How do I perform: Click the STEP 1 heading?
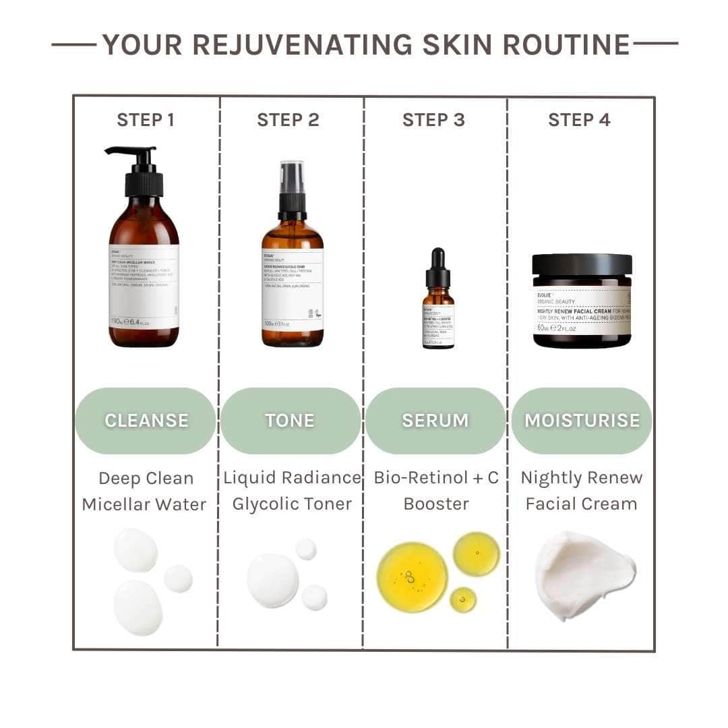click(146, 120)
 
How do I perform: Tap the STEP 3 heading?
click(433, 120)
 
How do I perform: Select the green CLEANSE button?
click(146, 420)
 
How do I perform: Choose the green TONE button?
click(290, 420)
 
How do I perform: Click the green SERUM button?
click(435, 420)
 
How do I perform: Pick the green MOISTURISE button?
click(582, 420)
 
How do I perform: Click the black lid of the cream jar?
click(582, 264)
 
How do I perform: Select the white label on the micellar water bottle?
click(144, 286)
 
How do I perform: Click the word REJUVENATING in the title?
click(303, 44)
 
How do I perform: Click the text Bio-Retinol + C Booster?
click(436, 491)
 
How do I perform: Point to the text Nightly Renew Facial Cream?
click(582, 491)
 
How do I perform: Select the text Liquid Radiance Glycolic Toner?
click(292, 491)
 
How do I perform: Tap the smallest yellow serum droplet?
click(463, 599)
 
